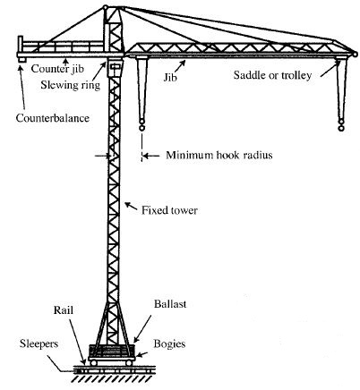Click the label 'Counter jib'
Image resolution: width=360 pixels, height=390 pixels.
57,69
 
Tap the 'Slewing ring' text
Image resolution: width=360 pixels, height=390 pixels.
70,85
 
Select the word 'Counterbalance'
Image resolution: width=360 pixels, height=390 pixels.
53,118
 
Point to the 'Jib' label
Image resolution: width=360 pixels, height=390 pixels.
170,77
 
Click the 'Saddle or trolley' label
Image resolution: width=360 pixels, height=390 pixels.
272,75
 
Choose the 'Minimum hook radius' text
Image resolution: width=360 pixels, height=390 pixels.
219,155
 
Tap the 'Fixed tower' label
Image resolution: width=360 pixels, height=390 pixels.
169,210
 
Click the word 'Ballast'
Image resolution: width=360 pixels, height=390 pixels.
170,304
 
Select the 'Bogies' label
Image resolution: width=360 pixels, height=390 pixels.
169,344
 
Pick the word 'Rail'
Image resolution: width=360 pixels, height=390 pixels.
64,310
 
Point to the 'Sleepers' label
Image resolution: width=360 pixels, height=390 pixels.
39,343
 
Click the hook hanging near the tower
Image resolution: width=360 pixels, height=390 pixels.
141,125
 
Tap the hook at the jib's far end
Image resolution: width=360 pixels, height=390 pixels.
341,125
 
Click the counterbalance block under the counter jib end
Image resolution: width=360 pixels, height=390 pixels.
21,60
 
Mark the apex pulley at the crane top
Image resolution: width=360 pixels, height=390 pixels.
105,7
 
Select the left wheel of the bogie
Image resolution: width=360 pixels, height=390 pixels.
93,362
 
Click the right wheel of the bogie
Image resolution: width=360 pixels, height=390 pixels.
129,362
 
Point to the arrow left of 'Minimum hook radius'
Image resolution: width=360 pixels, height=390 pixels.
151,156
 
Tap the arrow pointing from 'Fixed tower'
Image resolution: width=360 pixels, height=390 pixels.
131,206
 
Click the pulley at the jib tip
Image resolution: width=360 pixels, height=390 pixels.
355,55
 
